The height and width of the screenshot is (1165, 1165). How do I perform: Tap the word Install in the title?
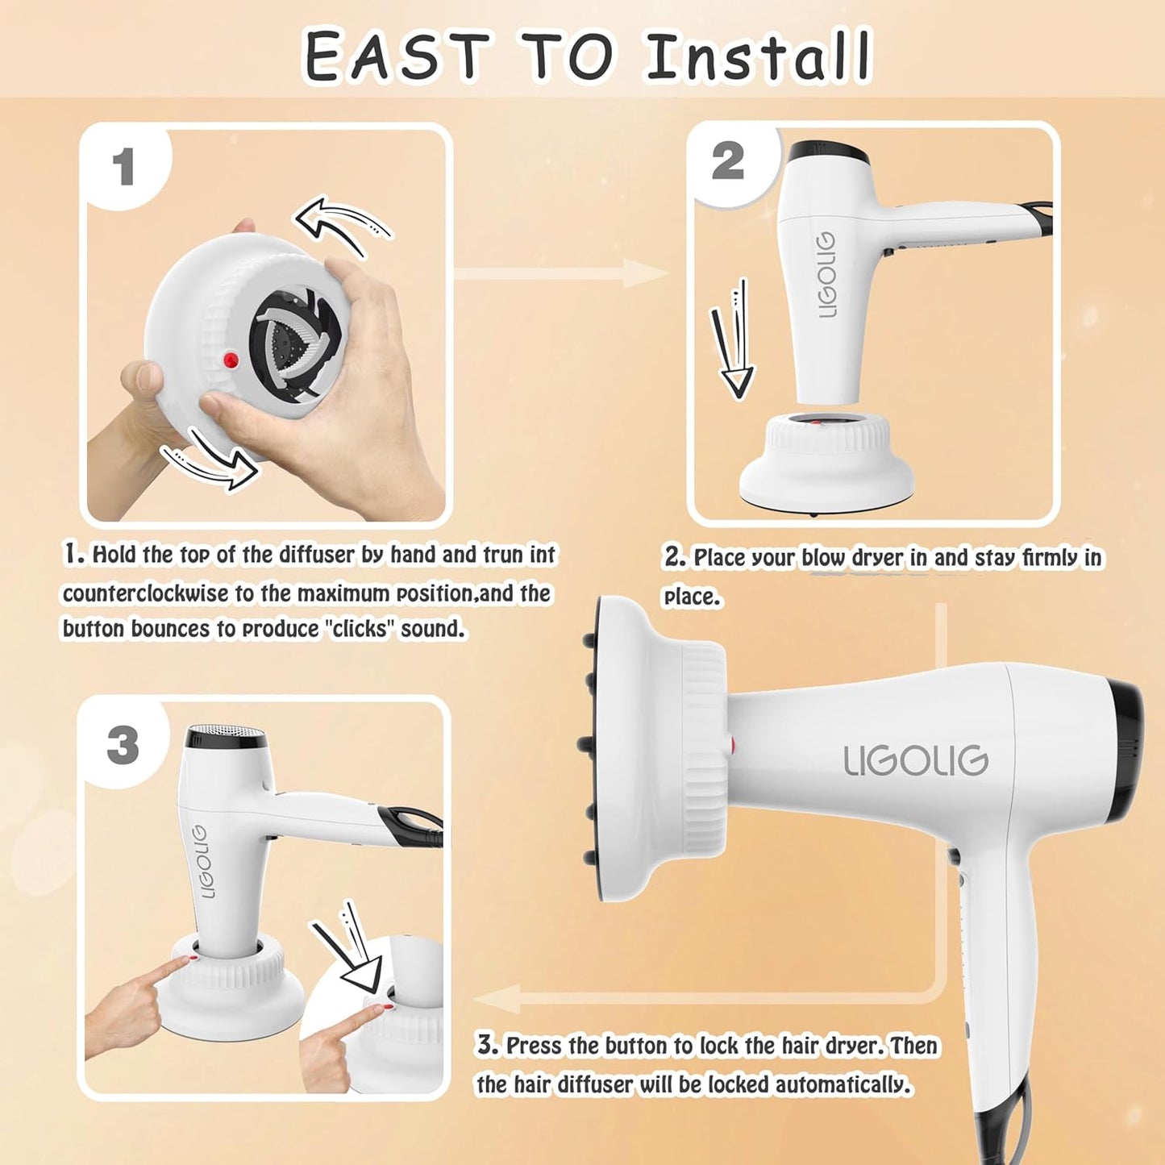(x=759, y=57)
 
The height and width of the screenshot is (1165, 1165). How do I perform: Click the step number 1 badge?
(x=123, y=167)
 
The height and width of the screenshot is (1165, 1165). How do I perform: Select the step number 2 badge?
(x=727, y=161)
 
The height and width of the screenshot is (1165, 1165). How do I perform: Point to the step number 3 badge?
(x=123, y=745)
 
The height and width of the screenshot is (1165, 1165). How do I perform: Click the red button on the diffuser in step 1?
(x=231, y=359)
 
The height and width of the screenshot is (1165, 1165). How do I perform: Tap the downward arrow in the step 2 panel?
(x=732, y=342)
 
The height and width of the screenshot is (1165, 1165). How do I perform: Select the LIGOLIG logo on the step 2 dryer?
(x=826, y=275)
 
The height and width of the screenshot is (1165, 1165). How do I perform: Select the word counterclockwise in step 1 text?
(x=146, y=594)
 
